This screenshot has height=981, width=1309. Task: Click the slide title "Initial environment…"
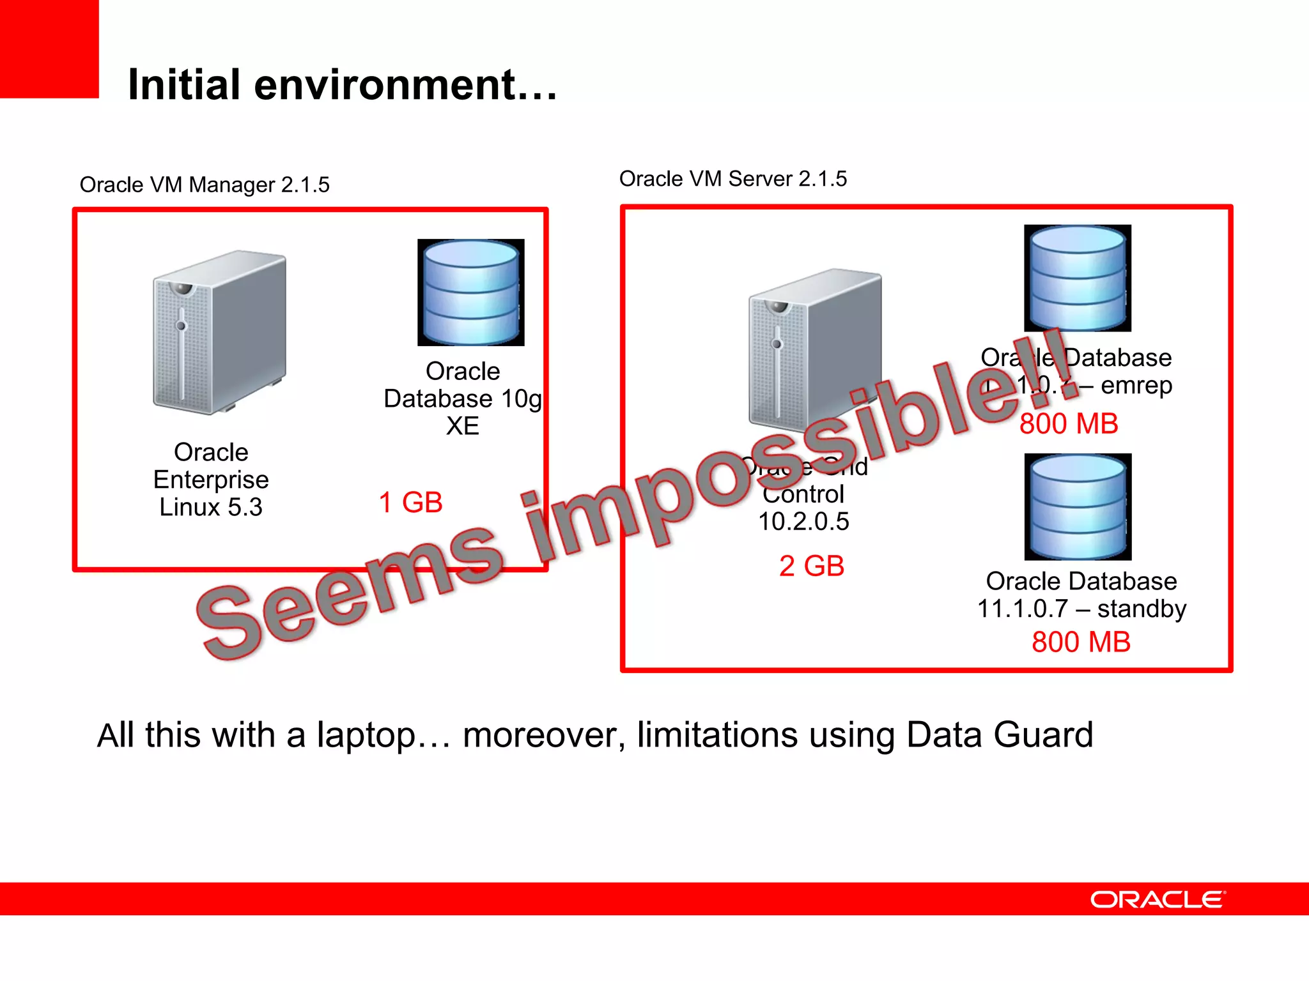click(x=343, y=85)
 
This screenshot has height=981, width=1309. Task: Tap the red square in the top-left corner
click(x=49, y=49)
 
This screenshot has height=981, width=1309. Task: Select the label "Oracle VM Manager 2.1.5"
click(x=205, y=185)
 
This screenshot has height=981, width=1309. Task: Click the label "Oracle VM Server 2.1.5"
click(x=732, y=179)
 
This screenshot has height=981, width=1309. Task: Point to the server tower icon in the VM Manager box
click(x=219, y=332)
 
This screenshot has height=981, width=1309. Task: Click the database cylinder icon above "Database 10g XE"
click(x=471, y=293)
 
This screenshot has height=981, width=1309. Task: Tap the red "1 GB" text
click(x=410, y=503)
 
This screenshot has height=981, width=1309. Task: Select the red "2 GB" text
click(x=811, y=566)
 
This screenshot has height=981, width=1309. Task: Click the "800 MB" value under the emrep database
click(x=1069, y=424)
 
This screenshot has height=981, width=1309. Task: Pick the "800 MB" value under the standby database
click(x=1081, y=642)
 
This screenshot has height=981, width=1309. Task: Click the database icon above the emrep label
click(x=1078, y=278)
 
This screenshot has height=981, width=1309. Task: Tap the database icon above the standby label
click(x=1078, y=506)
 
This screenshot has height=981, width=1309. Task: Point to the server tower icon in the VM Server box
click(x=814, y=348)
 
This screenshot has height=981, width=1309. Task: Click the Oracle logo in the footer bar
click(x=1158, y=900)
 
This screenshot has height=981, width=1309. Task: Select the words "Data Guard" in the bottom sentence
click(x=1000, y=735)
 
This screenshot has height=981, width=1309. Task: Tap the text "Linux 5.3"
click(x=211, y=507)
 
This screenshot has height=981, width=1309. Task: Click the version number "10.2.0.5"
click(x=803, y=522)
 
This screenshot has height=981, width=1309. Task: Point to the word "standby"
click(x=1142, y=609)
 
